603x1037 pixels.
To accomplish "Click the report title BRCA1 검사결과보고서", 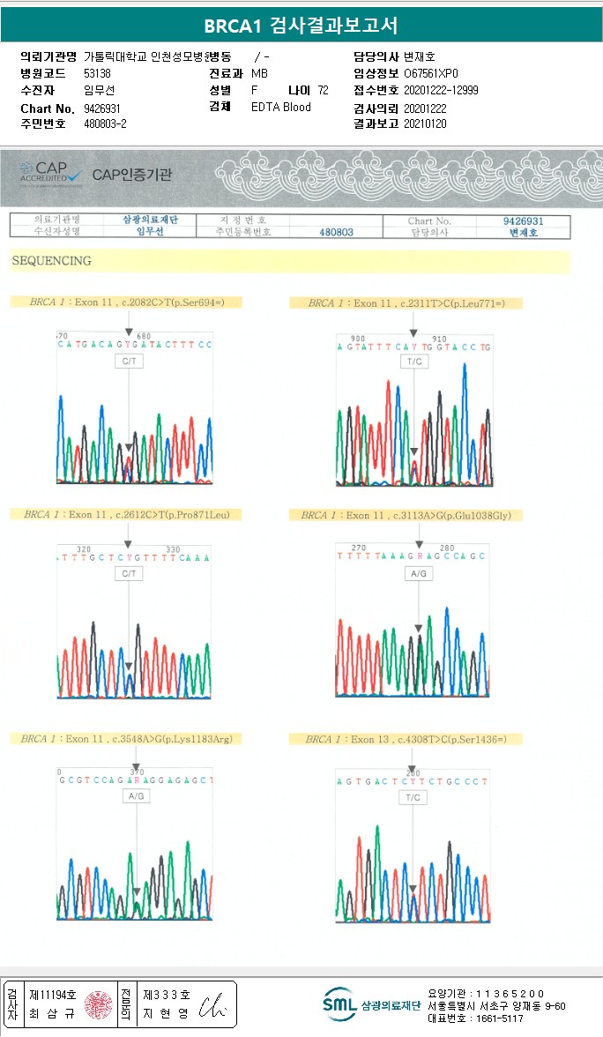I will (301, 25).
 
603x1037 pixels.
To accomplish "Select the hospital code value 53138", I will (97, 73).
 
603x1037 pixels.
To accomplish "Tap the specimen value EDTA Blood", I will (281, 108).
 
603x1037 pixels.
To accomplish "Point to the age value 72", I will (323, 90).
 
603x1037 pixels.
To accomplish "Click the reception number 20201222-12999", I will (441, 90).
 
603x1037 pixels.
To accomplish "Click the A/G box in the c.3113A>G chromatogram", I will (419, 574).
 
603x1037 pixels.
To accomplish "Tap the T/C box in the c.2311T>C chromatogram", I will (413, 362).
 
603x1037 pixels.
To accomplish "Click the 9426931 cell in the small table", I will (523, 220).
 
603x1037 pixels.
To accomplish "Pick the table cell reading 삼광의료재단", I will (151, 220).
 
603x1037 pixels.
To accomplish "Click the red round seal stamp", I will (98, 1003).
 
